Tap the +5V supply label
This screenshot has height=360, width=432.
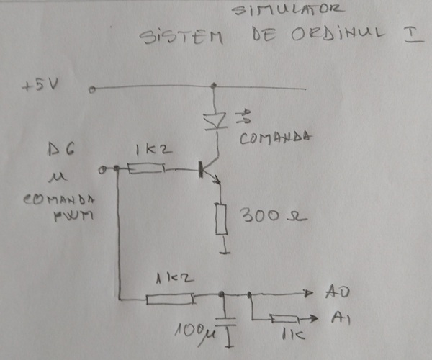point(40,86)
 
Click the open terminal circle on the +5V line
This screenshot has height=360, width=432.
point(93,89)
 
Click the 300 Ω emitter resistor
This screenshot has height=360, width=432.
point(222,219)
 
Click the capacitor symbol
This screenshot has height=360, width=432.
point(228,323)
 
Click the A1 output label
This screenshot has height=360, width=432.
point(341,318)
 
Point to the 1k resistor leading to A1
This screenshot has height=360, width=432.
point(285,319)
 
